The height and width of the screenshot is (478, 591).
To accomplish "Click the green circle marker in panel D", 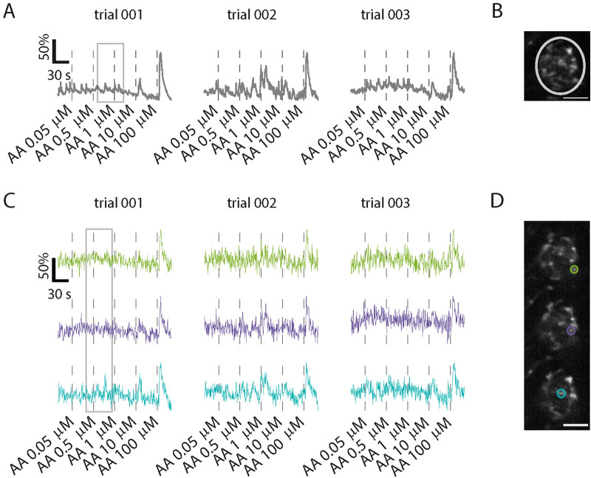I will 574,270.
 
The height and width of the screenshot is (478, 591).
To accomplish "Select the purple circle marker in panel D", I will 571,331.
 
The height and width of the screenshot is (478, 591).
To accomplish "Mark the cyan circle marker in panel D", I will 561,393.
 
